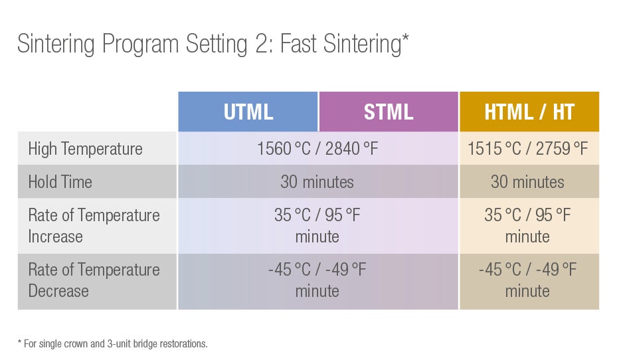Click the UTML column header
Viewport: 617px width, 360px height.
point(248,112)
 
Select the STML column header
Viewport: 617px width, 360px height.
point(389,112)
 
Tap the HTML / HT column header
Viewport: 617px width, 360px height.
point(529,112)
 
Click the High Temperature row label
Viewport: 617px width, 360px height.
point(86,149)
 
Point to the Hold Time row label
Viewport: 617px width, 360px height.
point(60,182)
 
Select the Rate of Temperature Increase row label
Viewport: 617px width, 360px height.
point(94,226)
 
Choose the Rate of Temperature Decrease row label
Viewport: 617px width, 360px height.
point(94,280)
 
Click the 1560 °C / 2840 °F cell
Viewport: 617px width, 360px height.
point(318,148)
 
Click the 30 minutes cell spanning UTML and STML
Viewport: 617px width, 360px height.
point(318,181)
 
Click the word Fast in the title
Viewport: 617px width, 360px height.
point(298,43)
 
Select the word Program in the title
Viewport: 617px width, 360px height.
point(141,45)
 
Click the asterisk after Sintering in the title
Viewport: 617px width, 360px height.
point(405,38)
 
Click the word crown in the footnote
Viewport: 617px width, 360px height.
point(77,344)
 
